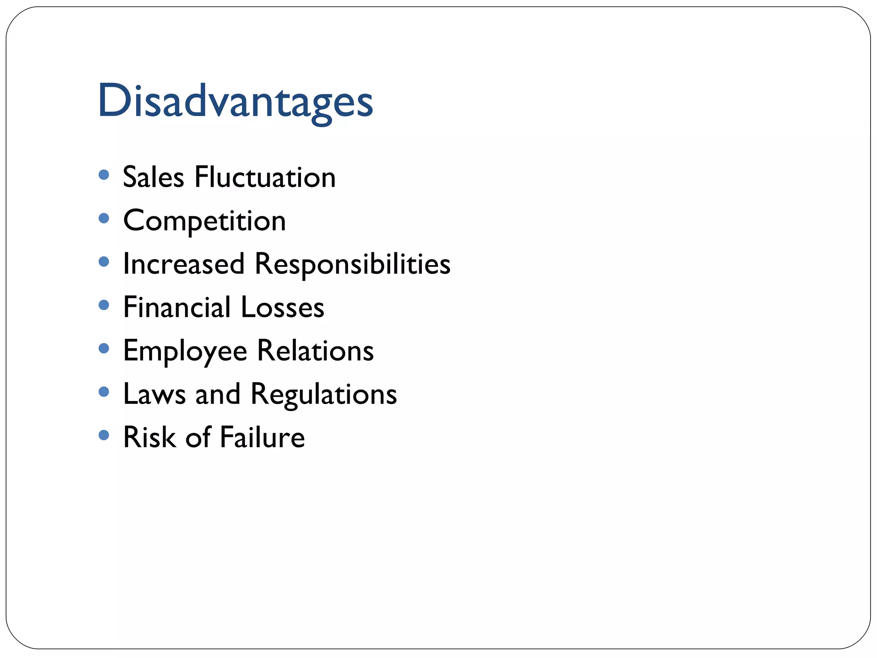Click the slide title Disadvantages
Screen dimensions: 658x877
click(x=235, y=101)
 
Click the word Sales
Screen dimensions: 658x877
click(x=153, y=177)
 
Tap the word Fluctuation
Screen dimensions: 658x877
click(x=265, y=177)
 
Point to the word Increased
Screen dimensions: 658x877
click(x=184, y=264)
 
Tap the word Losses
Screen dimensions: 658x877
click(x=283, y=307)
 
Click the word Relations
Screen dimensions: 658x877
click(x=315, y=351)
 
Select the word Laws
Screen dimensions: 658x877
click(x=154, y=394)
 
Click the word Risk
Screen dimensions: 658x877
click(x=149, y=437)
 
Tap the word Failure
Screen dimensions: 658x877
click(x=262, y=437)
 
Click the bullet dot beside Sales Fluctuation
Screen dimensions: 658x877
click(x=104, y=175)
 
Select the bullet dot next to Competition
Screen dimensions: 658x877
click(x=104, y=218)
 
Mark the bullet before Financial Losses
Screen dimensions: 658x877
click(x=104, y=305)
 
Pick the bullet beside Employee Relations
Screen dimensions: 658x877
click(x=104, y=348)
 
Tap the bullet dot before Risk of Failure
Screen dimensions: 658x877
click(x=104, y=435)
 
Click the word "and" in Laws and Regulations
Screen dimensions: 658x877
click(x=218, y=394)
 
